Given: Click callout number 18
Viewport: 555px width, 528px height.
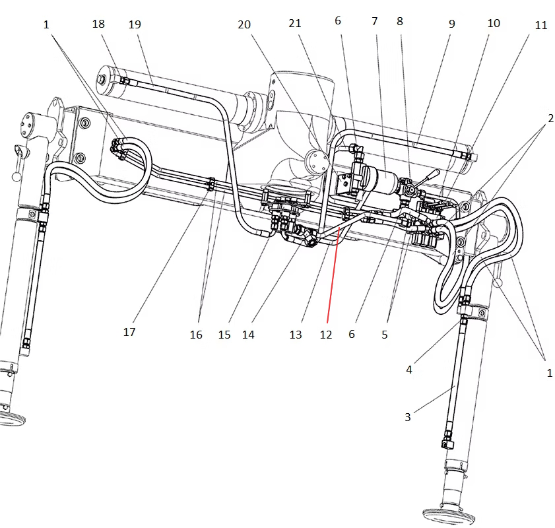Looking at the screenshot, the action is [98, 24].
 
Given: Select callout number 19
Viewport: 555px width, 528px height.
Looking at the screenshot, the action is [135, 24].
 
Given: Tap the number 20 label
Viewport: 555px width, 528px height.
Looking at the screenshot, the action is [244, 24].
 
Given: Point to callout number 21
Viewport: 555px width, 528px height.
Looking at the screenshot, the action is [295, 23].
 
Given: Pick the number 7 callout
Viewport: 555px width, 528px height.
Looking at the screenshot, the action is [374, 22].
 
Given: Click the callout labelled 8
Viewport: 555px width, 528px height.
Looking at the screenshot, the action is [400, 22].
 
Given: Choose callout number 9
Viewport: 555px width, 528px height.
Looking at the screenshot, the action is [451, 24].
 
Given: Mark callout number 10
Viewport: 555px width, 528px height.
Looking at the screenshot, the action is [494, 23].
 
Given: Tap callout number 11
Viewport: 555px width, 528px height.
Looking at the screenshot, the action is [541, 25].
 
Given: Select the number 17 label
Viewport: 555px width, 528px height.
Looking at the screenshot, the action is [129, 332].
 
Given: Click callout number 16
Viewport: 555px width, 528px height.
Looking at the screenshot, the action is [196, 335].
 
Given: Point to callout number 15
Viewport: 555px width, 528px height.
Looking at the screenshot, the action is [224, 335].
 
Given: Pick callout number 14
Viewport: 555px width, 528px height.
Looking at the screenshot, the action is [248, 335].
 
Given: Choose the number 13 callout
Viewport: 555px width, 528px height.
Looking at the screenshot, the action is [296, 335].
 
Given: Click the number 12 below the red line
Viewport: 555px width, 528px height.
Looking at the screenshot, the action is [326, 335].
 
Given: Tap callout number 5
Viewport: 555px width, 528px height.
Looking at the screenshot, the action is [385, 335].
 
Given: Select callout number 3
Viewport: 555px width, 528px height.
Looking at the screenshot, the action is [408, 417].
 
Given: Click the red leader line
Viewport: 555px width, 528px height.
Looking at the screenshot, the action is [333, 275].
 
